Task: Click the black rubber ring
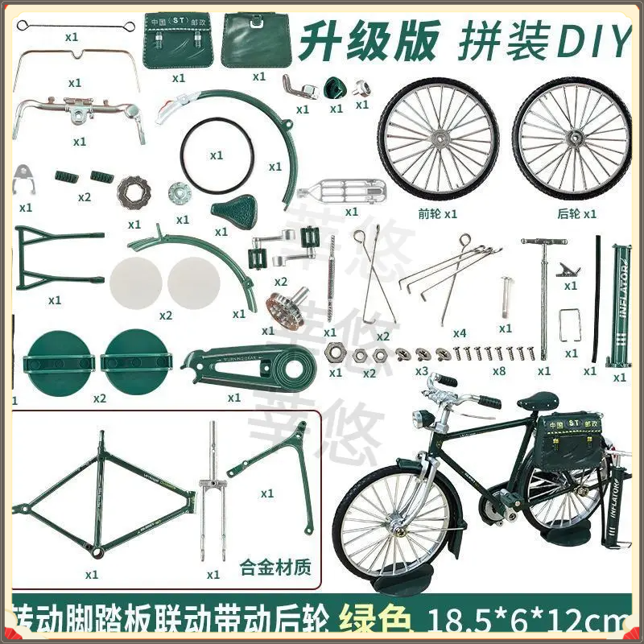pos(214,155)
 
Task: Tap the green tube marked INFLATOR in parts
pos(620,306)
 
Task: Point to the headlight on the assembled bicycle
pos(419,420)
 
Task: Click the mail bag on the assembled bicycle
pos(576,439)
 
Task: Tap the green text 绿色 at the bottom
pos(377,620)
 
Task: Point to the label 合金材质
pos(275,568)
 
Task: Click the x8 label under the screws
pos(499,371)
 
